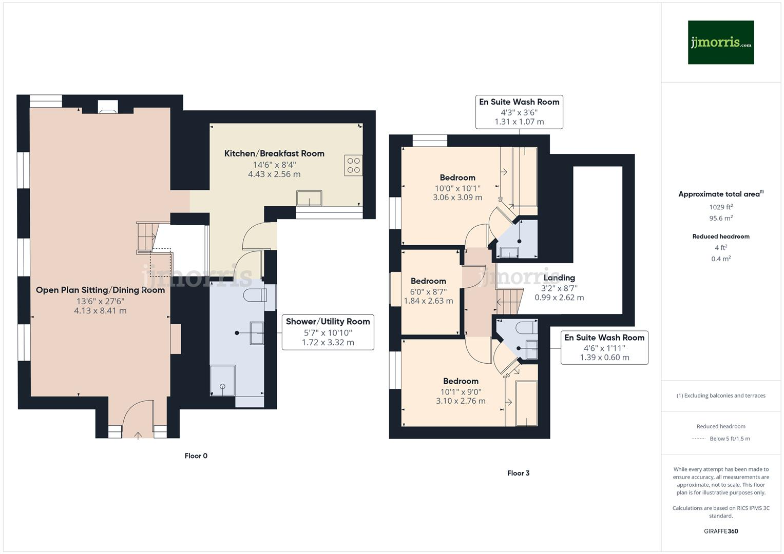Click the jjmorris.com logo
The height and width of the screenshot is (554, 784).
point(720,43)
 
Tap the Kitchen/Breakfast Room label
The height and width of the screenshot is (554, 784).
point(274,153)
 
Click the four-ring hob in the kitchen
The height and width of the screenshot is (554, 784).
point(354,165)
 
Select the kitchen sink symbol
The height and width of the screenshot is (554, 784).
point(309,198)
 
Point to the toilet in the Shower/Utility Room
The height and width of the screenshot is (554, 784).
point(256,295)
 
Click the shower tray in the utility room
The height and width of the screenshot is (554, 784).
point(222,380)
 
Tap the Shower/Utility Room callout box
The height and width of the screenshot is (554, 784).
point(328,332)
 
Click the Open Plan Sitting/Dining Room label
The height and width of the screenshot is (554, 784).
point(100,290)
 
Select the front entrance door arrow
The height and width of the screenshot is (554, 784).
point(138,436)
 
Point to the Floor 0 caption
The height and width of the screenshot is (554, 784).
point(196,456)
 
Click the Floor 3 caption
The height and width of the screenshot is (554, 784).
point(518,473)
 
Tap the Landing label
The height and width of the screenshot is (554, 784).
point(559,278)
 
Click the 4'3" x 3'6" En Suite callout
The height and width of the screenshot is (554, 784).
point(519,112)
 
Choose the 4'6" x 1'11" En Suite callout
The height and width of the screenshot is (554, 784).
point(604,348)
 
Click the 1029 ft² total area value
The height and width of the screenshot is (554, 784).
point(721,207)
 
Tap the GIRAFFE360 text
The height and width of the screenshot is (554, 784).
point(721,531)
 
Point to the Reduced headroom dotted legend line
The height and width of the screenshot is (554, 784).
point(699,439)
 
